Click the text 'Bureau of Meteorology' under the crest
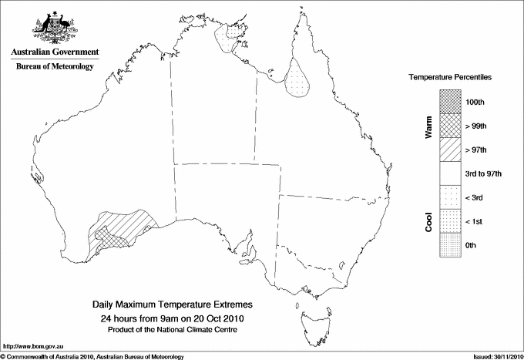tap(55, 66)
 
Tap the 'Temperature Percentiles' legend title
tap(450, 79)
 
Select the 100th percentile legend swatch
tap(449, 102)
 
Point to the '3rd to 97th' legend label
tap(484, 174)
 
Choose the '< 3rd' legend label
tap(475, 198)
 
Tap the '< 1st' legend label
tap(475, 222)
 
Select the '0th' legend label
tap(472, 246)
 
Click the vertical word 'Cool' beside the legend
tap(428, 222)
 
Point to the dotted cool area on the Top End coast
tap(227, 37)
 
